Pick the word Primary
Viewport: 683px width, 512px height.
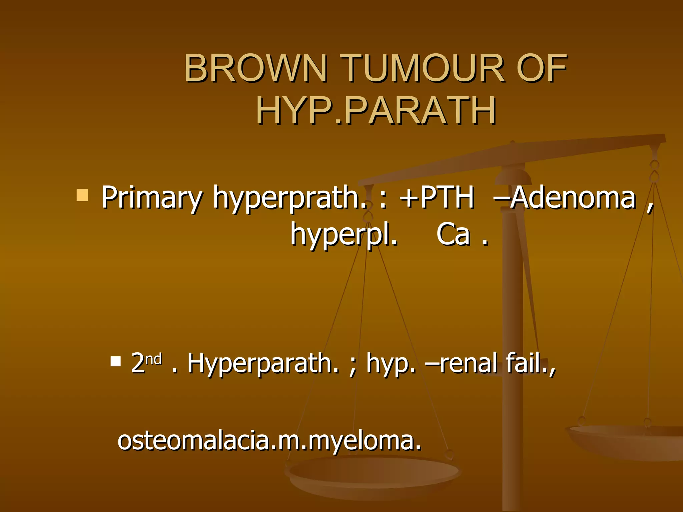(x=151, y=198)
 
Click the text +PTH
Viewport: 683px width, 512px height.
(x=437, y=198)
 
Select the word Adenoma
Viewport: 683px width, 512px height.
(x=572, y=198)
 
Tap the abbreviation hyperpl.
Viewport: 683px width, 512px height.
(x=344, y=235)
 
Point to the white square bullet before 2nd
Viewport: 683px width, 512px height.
(x=115, y=361)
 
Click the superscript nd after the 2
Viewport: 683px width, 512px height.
(x=154, y=359)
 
